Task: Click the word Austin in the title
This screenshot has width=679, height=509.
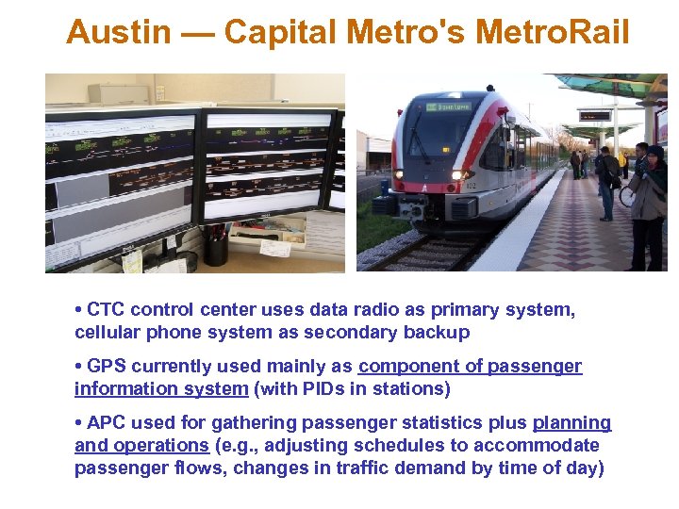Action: (x=119, y=33)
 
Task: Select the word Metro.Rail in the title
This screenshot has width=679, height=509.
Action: (x=552, y=33)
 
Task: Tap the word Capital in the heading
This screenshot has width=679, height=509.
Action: (x=281, y=33)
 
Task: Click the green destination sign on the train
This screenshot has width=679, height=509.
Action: (x=449, y=107)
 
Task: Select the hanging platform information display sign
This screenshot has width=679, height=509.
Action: (x=594, y=116)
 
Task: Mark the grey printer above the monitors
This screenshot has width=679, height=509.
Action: (x=119, y=94)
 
